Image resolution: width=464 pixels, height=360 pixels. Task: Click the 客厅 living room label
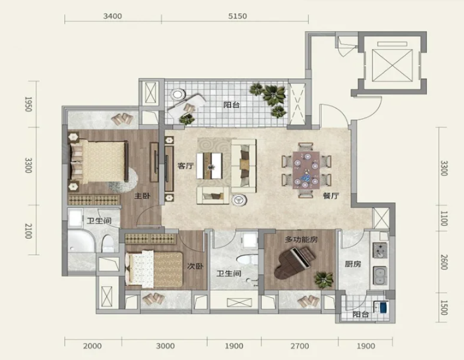(185, 166)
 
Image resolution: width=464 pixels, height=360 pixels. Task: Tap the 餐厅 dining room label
(331, 196)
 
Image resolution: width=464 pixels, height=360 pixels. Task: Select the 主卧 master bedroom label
(143, 196)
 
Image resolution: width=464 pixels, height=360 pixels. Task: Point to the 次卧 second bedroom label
(195, 266)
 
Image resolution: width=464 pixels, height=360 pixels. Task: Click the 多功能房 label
(301, 239)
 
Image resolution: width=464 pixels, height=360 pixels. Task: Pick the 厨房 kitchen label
(353, 264)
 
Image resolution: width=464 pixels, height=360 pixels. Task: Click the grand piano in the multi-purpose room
(292, 263)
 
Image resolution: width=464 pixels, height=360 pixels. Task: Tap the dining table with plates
(306, 170)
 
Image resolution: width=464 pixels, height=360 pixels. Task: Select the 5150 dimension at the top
(238, 16)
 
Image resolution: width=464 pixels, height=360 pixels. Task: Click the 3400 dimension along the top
(112, 16)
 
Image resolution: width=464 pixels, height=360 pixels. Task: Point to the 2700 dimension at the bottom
(300, 345)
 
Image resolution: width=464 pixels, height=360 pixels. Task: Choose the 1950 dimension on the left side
(28, 104)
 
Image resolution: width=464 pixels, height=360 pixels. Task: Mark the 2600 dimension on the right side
(444, 262)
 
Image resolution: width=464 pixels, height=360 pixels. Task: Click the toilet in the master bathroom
(108, 243)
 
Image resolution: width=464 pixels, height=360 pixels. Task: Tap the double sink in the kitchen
(380, 275)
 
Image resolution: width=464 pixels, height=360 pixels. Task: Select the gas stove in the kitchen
(380, 250)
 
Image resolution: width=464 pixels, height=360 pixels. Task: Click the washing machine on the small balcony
(381, 306)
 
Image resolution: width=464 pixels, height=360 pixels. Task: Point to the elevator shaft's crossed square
(392, 65)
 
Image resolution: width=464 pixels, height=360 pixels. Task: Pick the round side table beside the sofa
(239, 200)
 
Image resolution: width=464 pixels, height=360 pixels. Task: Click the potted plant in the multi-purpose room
(323, 280)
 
